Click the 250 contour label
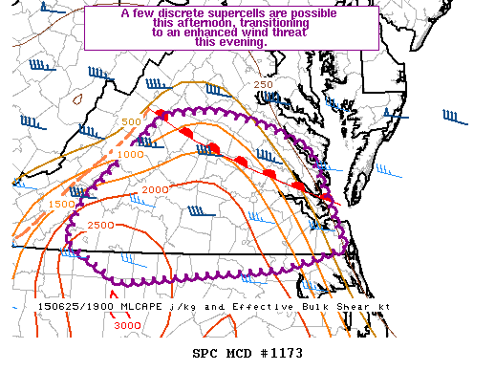(x=264, y=85)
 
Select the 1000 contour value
(x=131, y=154)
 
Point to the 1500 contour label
(x=61, y=204)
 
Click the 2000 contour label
(x=155, y=190)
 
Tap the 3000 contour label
(x=126, y=326)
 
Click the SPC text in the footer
(x=204, y=353)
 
